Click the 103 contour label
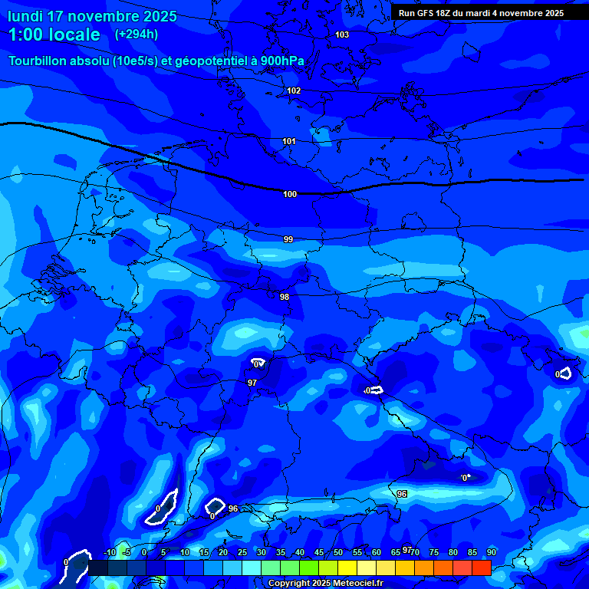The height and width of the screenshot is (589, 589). click(342, 35)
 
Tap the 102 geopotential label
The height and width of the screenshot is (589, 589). click(294, 90)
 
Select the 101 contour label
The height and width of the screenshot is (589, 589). click(289, 141)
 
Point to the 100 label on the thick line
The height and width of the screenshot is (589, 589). click(290, 194)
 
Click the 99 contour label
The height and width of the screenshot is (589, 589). click(288, 239)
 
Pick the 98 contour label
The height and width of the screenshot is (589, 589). click(285, 297)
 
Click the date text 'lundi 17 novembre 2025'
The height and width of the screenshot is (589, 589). click(92, 16)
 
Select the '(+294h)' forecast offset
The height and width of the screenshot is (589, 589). click(137, 35)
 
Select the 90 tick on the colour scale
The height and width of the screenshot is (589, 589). click(491, 553)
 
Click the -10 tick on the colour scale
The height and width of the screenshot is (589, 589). click(109, 553)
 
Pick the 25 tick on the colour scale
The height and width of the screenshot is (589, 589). click(242, 553)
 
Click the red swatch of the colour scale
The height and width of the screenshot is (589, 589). click(481, 568)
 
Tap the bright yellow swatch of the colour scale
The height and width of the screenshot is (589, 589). click(347, 568)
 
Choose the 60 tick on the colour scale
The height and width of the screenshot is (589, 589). click(376, 553)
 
